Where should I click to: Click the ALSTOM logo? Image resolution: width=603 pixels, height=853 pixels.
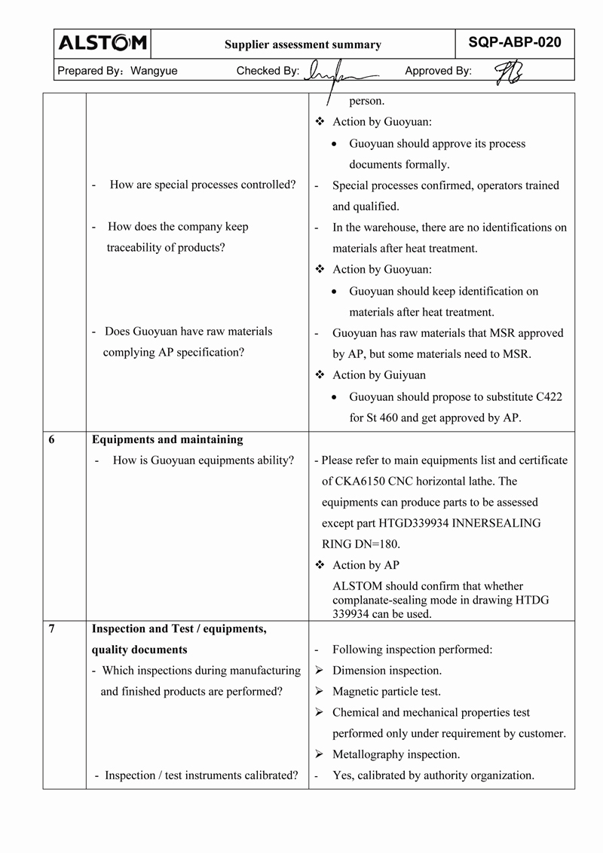click(103, 44)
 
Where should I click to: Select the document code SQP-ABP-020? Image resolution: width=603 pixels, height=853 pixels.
click(515, 43)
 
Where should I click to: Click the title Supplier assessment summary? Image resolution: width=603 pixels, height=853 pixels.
click(303, 45)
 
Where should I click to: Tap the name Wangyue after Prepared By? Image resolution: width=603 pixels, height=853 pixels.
click(154, 71)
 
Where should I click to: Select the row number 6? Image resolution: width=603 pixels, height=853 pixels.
click(51, 439)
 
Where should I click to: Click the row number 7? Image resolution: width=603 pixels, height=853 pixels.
click(51, 628)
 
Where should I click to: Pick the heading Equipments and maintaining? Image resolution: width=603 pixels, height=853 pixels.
click(167, 439)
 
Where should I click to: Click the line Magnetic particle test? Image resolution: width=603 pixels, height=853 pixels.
click(386, 691)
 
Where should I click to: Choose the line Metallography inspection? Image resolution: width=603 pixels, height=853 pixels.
click(396, 754)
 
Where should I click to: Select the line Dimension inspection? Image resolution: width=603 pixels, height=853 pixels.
click(387, 670)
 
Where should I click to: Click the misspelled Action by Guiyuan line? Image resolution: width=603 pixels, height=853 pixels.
click(378, 375)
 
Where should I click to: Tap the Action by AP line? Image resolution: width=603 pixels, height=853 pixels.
click(366, 565)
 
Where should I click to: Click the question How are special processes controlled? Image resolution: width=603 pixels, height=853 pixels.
click(202, 185)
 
